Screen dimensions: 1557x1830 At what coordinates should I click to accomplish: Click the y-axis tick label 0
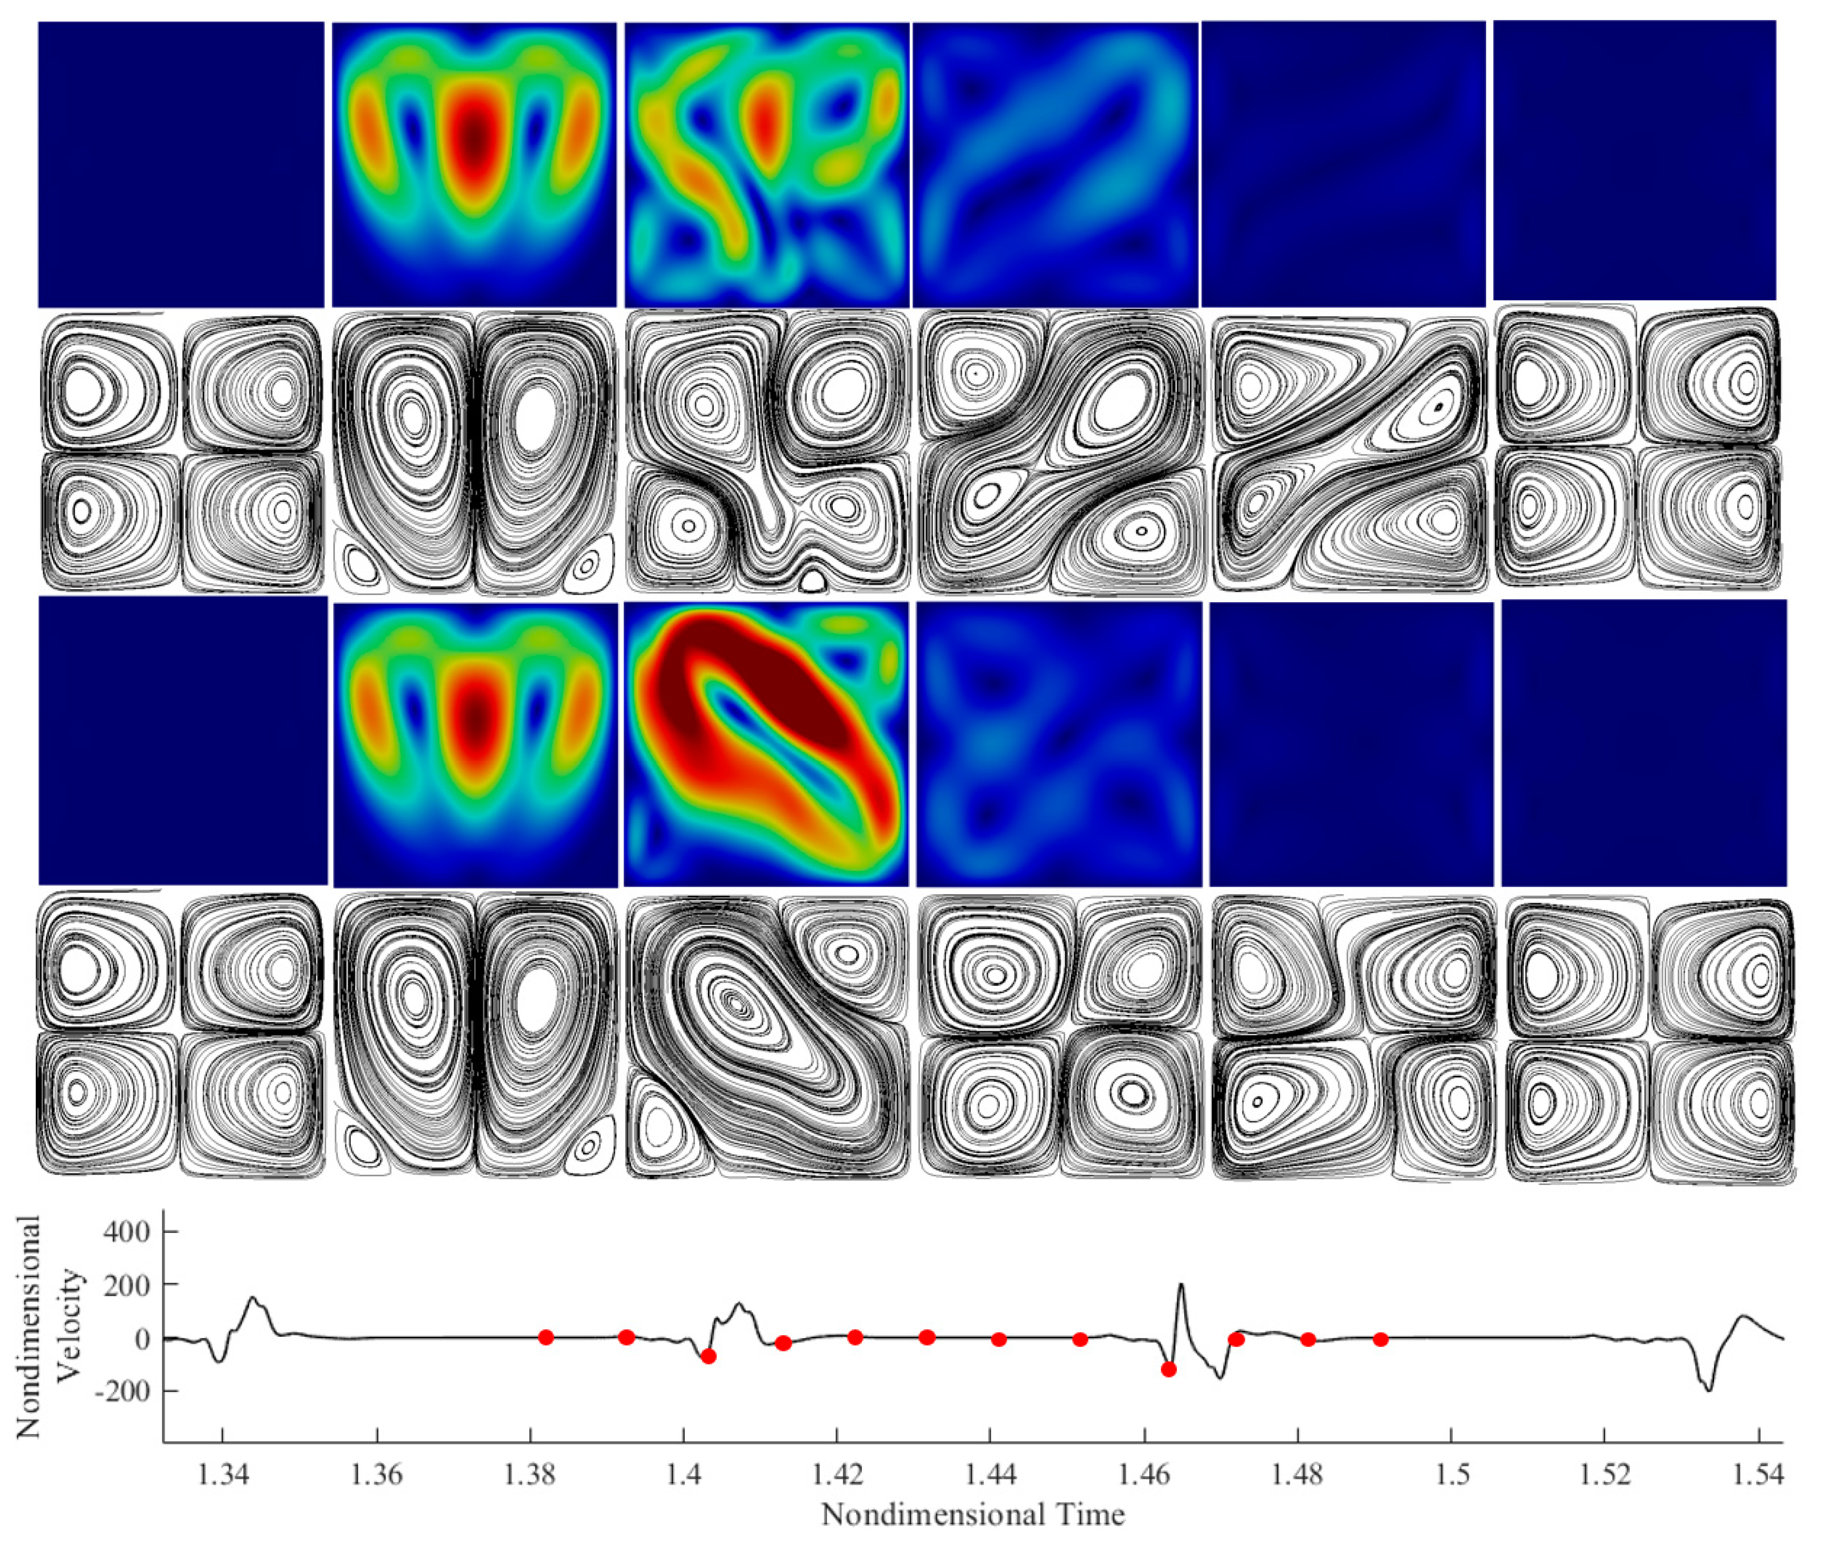click(142, 1339)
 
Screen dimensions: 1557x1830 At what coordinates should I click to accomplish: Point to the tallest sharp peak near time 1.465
click(1182, 1285)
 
